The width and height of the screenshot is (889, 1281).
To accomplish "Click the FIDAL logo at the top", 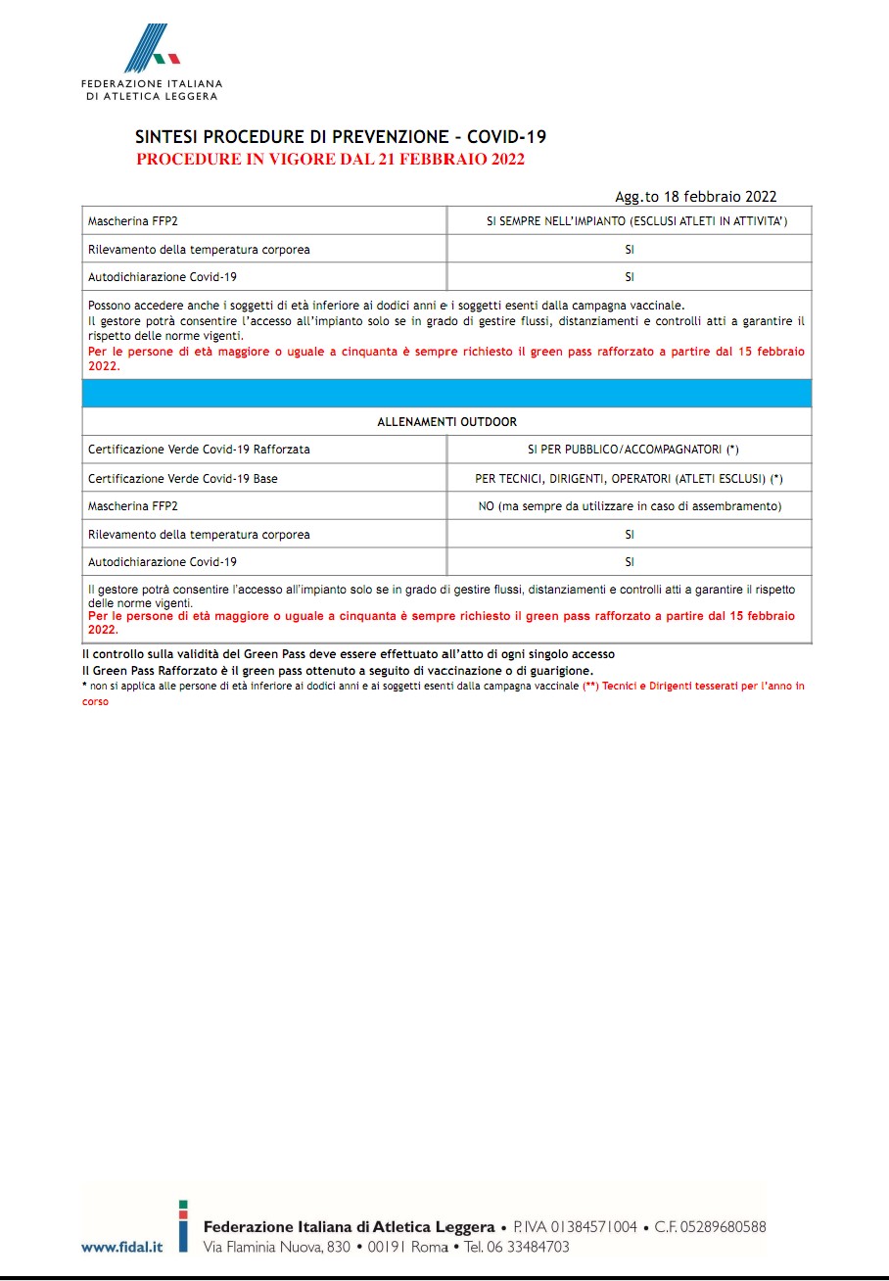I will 152,61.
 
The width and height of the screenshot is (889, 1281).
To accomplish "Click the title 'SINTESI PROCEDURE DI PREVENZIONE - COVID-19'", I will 341,138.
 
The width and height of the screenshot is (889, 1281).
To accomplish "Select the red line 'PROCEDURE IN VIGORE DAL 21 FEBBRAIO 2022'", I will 331,160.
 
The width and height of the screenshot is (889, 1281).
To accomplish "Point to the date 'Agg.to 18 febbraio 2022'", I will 695,197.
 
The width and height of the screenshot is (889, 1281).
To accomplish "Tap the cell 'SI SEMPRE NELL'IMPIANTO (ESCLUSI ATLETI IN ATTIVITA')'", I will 630,221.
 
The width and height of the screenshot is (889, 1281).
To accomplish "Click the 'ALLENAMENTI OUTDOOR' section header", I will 446,422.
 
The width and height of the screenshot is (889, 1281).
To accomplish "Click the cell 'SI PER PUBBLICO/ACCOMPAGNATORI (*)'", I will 630,450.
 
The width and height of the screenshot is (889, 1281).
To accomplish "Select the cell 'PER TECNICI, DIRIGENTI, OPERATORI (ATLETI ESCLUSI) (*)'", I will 630,479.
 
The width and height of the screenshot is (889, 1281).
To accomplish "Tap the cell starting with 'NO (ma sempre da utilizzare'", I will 630,506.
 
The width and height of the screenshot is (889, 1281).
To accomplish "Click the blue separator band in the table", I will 446,393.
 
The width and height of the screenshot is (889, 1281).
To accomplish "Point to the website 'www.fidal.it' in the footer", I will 121,1247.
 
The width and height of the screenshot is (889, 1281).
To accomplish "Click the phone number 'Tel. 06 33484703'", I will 517,1247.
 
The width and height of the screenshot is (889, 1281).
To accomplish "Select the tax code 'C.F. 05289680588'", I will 710,1226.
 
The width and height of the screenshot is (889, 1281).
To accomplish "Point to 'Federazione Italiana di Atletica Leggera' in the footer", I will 349,1226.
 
